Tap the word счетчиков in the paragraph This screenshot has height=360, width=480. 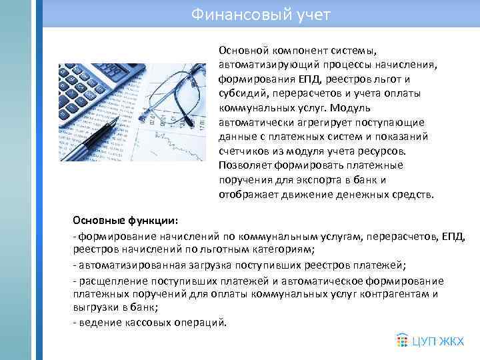(x=243, y=152)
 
